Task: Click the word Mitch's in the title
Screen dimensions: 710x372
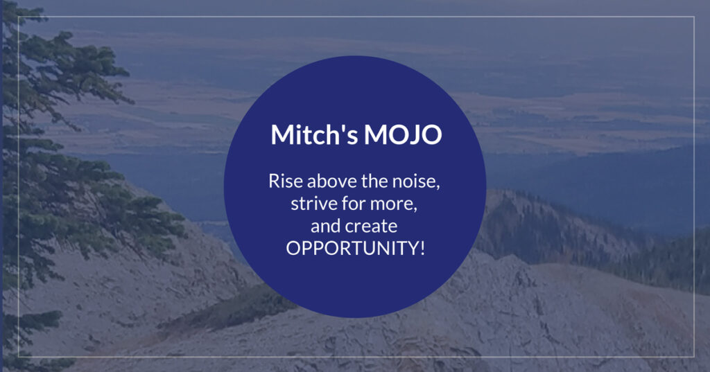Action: click(314, 134)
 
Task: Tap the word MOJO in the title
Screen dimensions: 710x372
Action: click(403, 135)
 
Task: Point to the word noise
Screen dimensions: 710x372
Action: click(413, 181)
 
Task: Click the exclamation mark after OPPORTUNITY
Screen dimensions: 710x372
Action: click(422, 248)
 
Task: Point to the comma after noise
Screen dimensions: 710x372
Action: click(438, 186)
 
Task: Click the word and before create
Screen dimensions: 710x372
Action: click(326, 226)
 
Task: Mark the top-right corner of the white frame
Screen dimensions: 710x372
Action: click(694, 17)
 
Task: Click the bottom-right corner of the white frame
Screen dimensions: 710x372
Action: click(694, 357)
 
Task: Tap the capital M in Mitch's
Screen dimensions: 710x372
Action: click(282, 134)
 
